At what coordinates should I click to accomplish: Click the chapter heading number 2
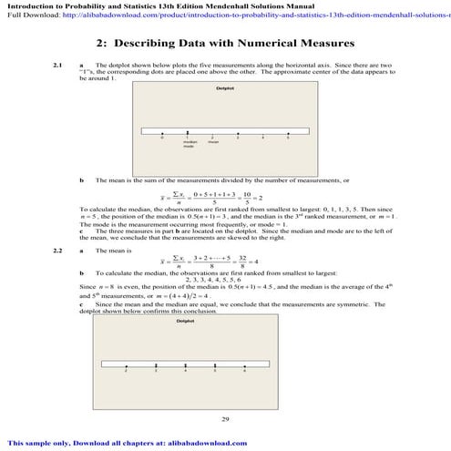tap(100, 44)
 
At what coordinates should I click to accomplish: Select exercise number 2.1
tap(58, 66)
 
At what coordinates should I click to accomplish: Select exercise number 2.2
tap(58, 250)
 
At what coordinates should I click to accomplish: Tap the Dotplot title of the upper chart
tap(225, 88)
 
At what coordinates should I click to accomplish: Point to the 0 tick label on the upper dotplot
tap(161, 137)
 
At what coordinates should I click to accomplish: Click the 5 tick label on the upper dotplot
tap(287, 137)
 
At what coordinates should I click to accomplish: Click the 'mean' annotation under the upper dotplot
tap(212, 141)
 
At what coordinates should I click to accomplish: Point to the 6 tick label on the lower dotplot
tap(245, 373)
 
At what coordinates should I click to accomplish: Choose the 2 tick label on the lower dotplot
tap(126, 373)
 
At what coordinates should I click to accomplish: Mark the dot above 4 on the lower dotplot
tap(185, 366)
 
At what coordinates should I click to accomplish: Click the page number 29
tap(225, 418)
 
